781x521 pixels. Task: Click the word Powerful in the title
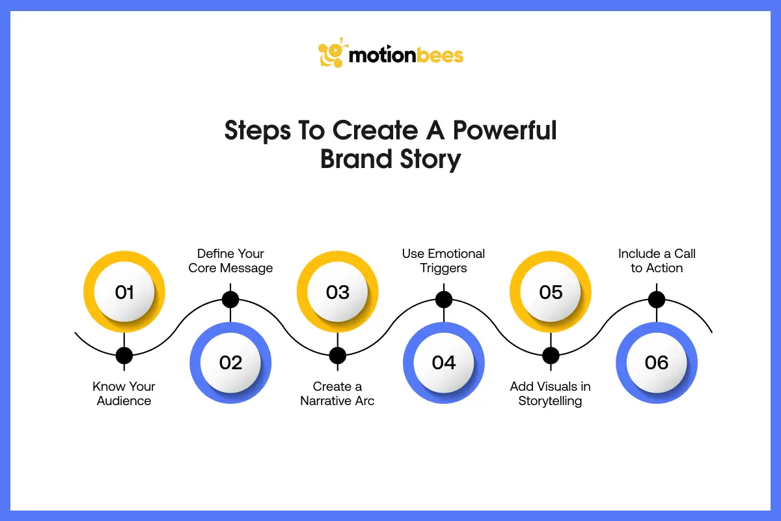click(504, 130)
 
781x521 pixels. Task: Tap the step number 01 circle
click(124, 292)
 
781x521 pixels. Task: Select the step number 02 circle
click(230, 362)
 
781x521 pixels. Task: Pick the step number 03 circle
click(337, 292)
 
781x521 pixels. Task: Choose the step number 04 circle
click(444, 362)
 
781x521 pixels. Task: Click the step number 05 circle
click(551, 292)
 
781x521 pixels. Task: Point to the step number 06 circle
click(656, 362)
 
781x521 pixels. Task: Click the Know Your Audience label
click(124, 393)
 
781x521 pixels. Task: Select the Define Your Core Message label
click(230, 260)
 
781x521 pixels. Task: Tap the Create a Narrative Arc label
click(337, 393)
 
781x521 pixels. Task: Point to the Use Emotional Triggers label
click(444, 260)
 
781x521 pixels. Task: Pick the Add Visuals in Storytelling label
click(551, 393)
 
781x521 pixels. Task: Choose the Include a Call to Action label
click(657, 260)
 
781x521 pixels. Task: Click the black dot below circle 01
click(124, 356)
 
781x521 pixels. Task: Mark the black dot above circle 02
click(230, 300)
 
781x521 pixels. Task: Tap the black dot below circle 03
click(337, 356)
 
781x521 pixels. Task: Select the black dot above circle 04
click(444, 300)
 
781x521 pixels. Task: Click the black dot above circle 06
click(657, 300)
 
